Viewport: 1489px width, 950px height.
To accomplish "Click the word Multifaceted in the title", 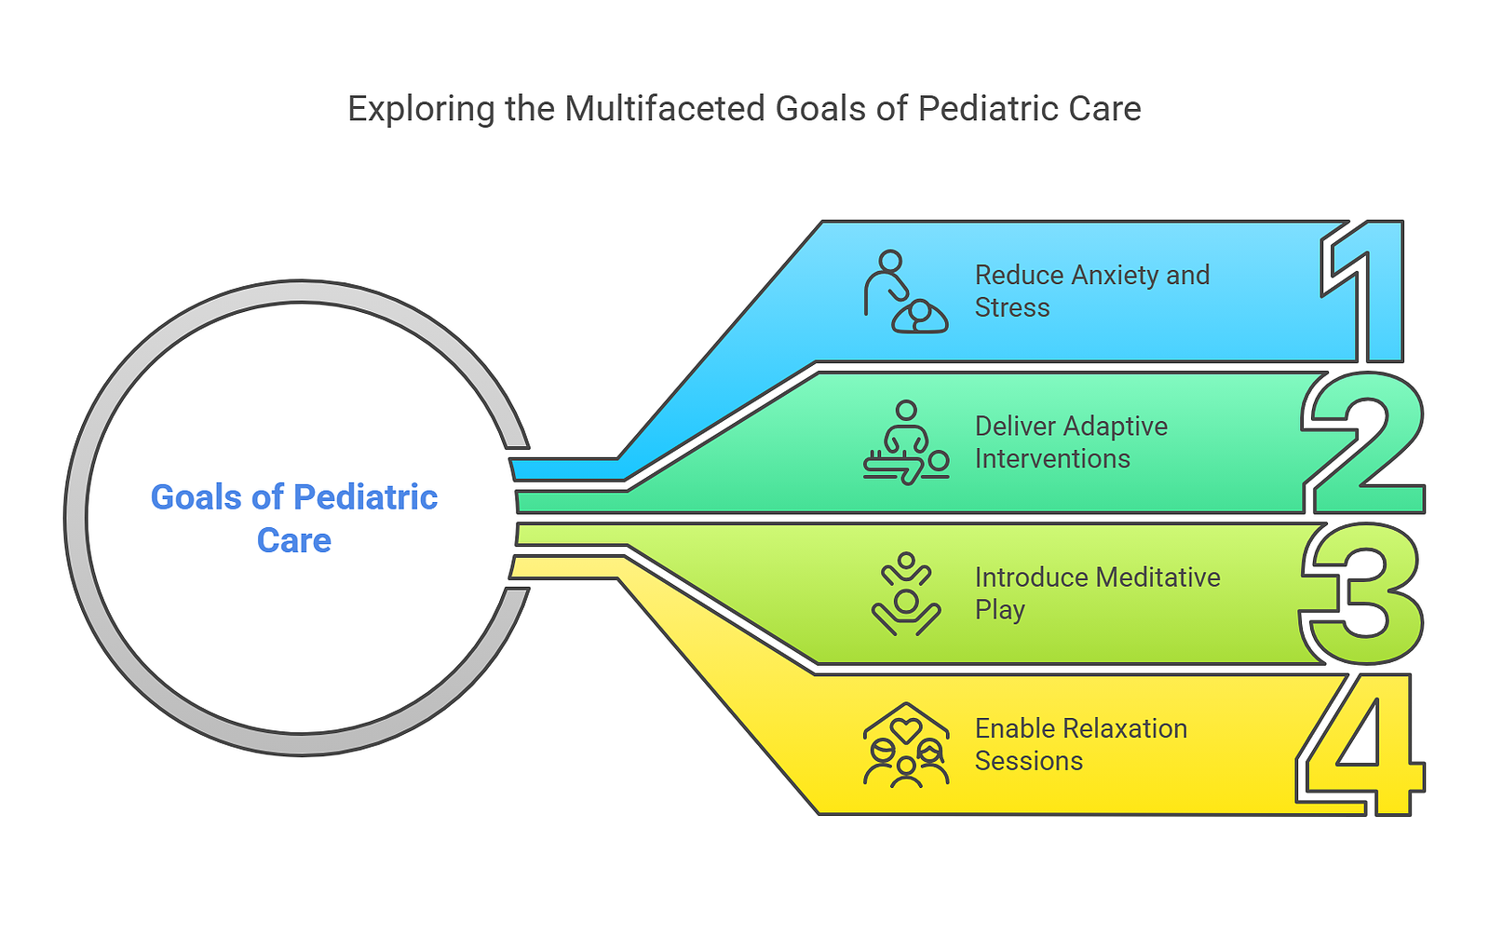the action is pos(664,108).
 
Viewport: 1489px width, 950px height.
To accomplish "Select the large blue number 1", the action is pos(1362,292).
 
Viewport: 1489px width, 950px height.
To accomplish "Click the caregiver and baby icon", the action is pos(906,292).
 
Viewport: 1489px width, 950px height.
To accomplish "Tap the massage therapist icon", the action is pos(906,442).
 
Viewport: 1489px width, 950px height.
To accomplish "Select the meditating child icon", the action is pos(906,593).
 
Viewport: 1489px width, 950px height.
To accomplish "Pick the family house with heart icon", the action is pos(906,744).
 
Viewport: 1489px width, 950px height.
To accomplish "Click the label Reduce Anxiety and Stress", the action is pos(1092,292).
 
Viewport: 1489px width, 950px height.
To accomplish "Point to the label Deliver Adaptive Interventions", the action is pos(1071,442).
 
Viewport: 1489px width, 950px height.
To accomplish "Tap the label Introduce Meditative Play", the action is pos(1098,593).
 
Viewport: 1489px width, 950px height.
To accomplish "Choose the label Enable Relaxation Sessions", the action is pos(1081,744).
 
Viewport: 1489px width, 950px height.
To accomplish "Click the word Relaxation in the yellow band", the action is pos(1125,728).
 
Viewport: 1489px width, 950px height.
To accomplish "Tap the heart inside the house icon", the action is pos(906,730).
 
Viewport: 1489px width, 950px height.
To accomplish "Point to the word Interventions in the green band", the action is pos(1052,459).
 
